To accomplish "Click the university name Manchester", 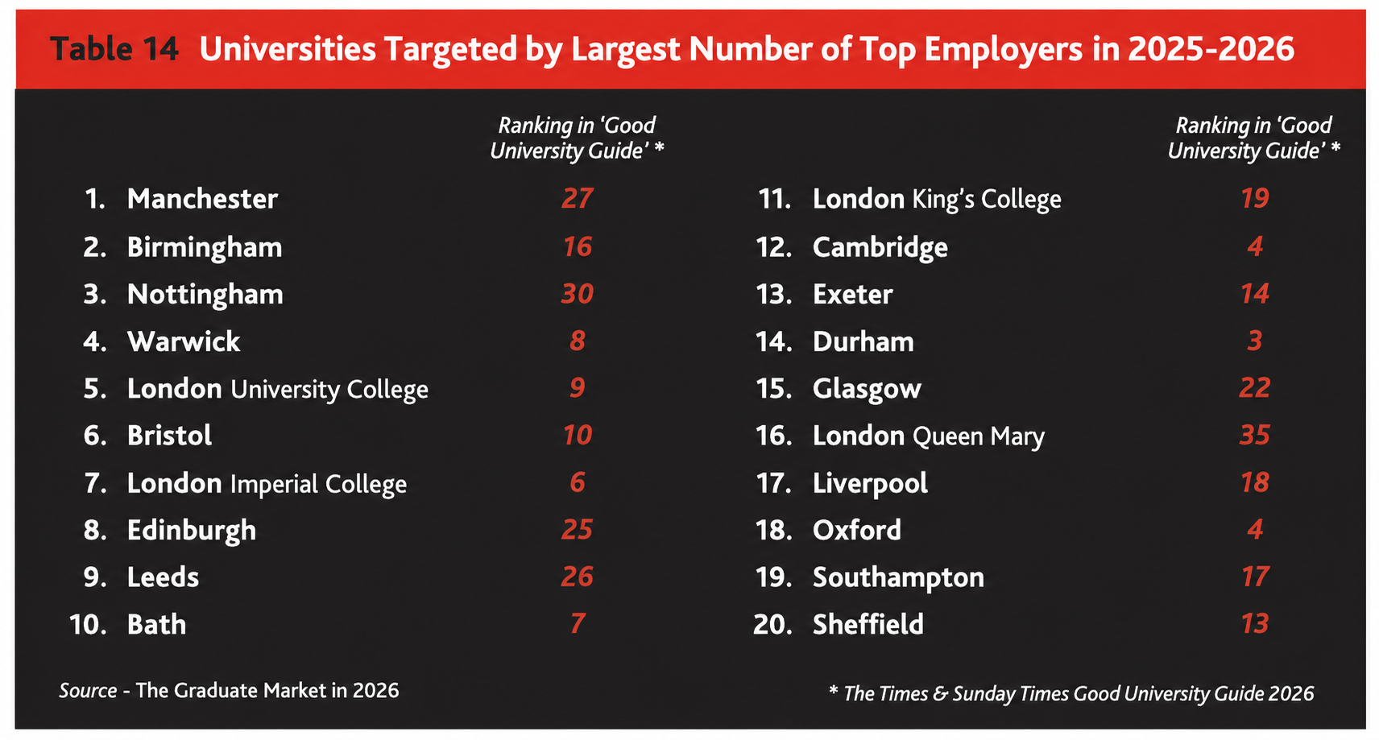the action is click(x=202, y=199).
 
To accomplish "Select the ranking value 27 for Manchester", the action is click(x=577, y=198).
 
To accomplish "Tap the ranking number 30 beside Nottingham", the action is click(x=577, y=294).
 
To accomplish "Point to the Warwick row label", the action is click(x=184, y=341).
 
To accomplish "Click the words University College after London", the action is click(x=329, y=390).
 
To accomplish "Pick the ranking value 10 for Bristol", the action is click(x=577, y=436).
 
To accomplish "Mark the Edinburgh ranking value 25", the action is click(x=577, y=530).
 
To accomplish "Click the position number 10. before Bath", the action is click(x=88, y=624).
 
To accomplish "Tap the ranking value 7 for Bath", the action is click(x=577, y=623).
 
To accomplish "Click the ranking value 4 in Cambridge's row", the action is click(x=1255, y=246).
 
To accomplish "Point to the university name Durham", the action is click(x=863, y=341).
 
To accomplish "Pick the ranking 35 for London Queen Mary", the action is click(x=1255, y=436).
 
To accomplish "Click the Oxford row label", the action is click(x=856, y=530).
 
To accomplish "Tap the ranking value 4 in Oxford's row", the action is click(x=1255, y=530).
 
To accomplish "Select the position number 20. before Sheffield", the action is click(x=772, y=624).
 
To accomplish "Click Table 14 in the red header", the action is click(x=114, y=48).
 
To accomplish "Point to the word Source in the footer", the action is click(x=88, y=691).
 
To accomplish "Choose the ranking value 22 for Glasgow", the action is click(x=1255, y=388).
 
